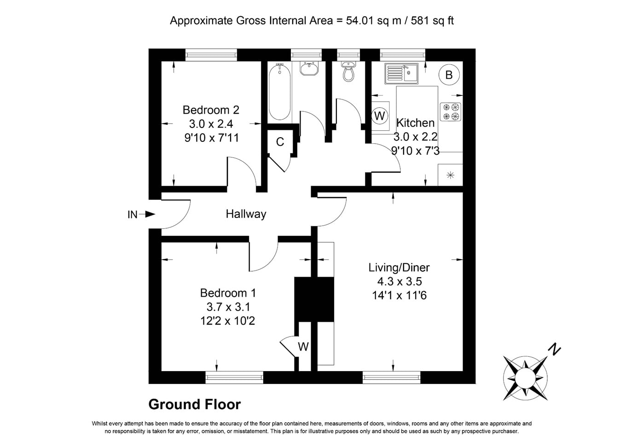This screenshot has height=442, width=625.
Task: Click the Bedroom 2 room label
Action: pyautogui.click(x=211, y=110)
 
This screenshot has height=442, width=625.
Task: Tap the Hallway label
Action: pyautogui.click(x=246, y=214)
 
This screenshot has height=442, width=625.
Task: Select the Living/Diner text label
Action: pyautogui.click(x=399, y=268)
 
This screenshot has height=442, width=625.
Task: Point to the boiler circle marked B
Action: pyautogui.click(x=449, y=75)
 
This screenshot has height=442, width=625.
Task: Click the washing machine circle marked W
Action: pyautogui.click(x=380, y=116)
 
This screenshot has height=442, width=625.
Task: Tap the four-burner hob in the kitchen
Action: pyautogui.click(x=451, y=112)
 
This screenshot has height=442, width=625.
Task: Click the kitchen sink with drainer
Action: pyautogui.click(x=402, y=73)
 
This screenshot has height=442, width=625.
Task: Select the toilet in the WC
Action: pyautogui.click(x=348, y=71)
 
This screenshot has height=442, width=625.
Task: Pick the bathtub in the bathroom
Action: pyautogui.click(x=279, y=92)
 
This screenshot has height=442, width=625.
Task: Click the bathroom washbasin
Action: pyautogui.click(x=309, y=68)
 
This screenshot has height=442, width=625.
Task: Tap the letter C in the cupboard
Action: pyautogui.click(x=280, y=142)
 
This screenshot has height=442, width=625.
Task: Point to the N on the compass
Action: pyautogui.click(x=555, y=349)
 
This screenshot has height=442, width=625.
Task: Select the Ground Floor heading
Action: pyautogui.click(x=195, y=404)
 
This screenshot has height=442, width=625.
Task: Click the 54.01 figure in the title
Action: pyautogui.click(x=359, y=20)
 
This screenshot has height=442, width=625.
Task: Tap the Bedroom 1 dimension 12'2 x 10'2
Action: pyautogui.click(x=228, y=321)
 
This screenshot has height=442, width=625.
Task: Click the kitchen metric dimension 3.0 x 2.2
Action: pyautogui.click(x=415, y=137)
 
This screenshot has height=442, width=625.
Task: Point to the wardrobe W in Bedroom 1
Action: pyautogui.click(x=303, y=347)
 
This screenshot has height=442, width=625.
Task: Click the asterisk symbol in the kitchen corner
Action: pyautogui.click(x=450, y=175)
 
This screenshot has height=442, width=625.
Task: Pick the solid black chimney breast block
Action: pyautogui.click(x=314, y=299)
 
